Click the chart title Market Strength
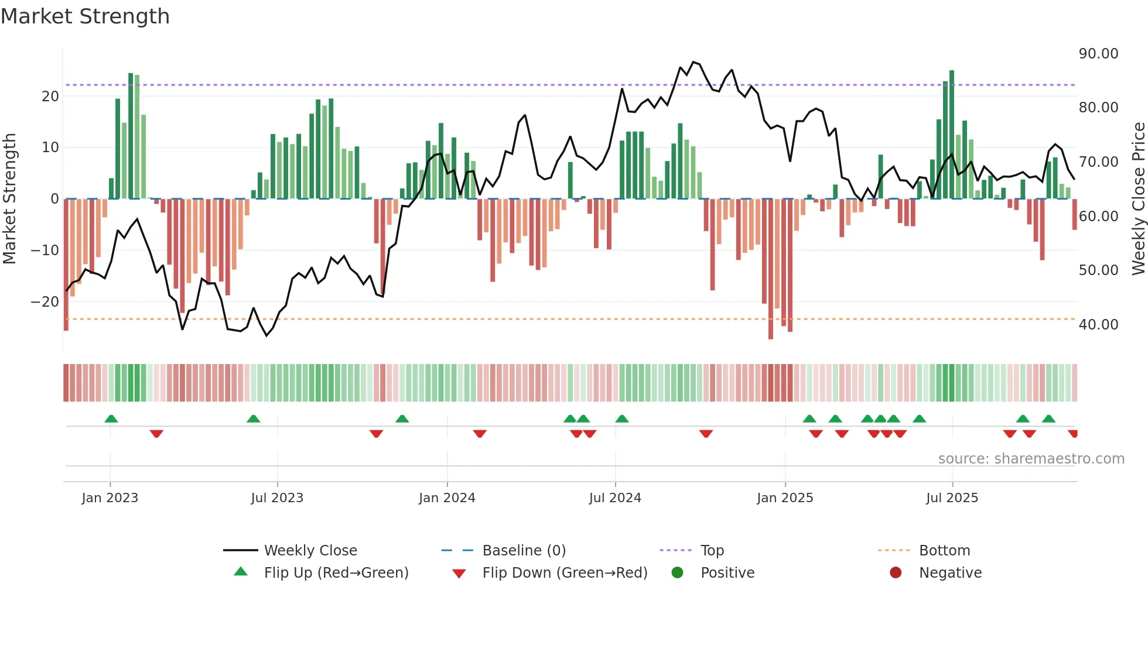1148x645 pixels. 85,16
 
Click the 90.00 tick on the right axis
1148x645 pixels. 1098,54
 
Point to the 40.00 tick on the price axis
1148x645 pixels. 1098,325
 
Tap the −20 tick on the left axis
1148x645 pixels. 45,302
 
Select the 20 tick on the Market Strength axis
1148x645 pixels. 50,97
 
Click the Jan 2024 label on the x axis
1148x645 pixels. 447,498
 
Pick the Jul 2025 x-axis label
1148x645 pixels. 952,498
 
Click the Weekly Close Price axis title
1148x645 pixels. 1138,199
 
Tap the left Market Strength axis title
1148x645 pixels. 10,199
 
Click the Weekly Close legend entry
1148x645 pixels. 310,551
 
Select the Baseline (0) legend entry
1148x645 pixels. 524,551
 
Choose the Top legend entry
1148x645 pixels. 712,551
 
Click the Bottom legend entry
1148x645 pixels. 944,551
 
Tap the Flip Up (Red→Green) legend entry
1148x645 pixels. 336,573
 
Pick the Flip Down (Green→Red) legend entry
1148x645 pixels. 565,573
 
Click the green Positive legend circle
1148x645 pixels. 677,573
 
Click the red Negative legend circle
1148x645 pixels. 896,573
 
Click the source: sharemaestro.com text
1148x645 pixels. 1031,459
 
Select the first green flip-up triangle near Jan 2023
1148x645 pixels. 111,418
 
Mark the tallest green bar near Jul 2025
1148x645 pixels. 952,135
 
